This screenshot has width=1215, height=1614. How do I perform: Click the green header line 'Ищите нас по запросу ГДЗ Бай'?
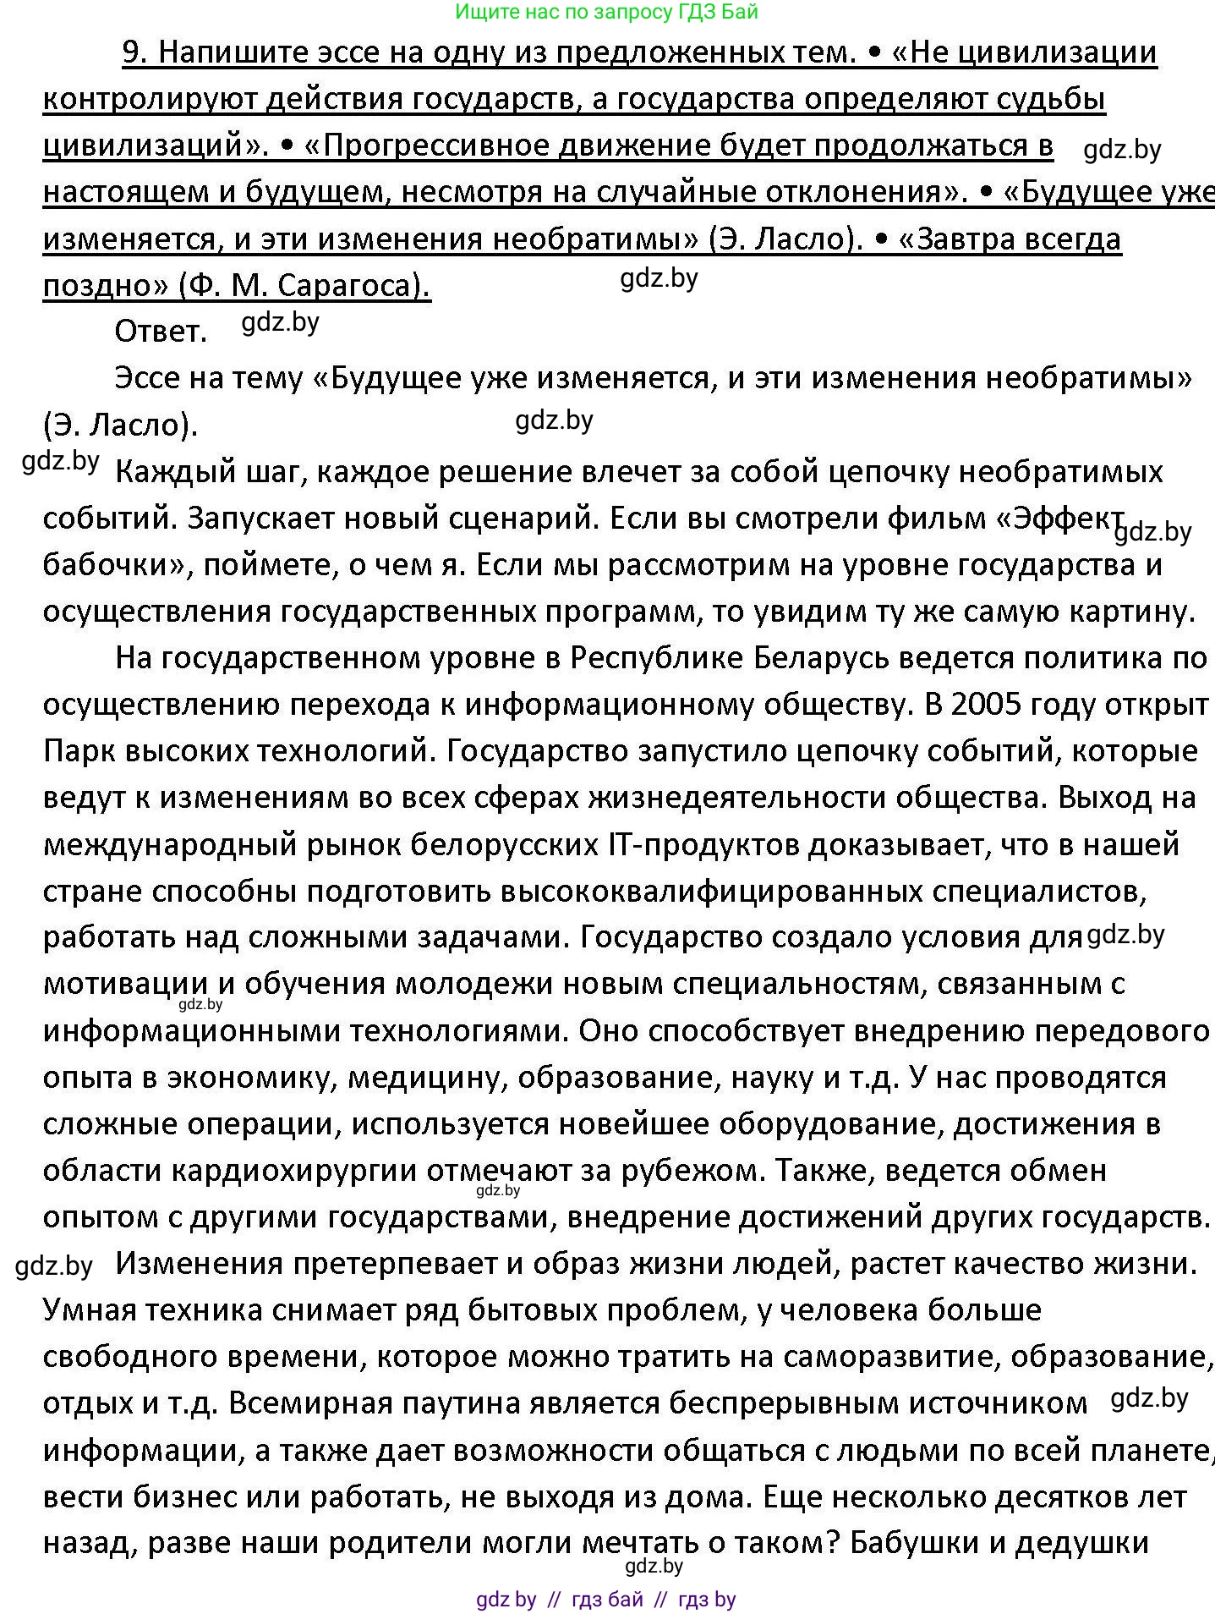click(x=606, y=12)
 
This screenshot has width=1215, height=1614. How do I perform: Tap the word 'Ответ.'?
click(x=161, y=332)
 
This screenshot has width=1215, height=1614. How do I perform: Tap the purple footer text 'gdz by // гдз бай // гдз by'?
click(x=606, y=1599)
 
